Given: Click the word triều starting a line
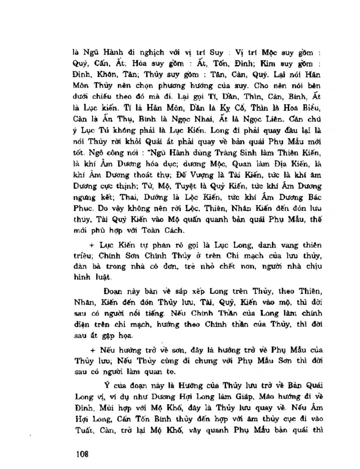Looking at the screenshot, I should [x=81, y=256].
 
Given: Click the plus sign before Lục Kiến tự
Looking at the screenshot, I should [x=91, y=245].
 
